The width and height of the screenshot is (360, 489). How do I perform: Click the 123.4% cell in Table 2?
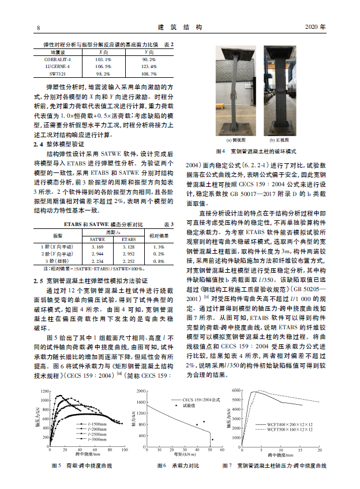(x=148, y=66)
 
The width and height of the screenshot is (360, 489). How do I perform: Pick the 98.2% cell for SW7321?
(x=103, y=74)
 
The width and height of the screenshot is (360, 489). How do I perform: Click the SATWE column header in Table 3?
(x=97, y=238)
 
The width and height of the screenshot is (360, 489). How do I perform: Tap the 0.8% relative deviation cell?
(x=159, y=261)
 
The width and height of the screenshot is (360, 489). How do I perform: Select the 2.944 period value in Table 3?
(x=97, y=253)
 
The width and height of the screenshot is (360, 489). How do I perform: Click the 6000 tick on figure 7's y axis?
(x=241, y=391)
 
